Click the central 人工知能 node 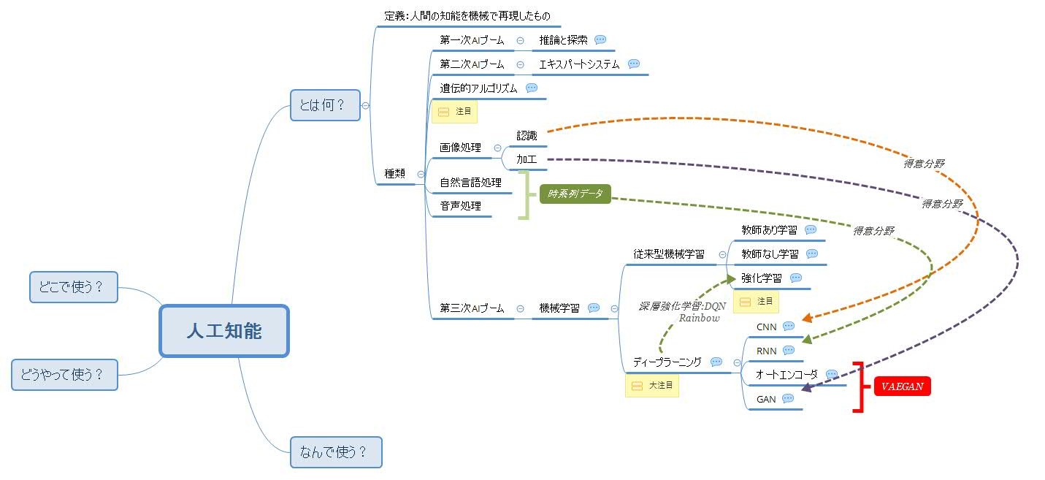coord(224,331)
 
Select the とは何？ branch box coord(325,105)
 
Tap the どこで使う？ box coord(73,287)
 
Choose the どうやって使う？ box coord(64,375)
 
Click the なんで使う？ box coord(335,452)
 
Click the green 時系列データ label coord(575,194)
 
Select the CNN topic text coord(766,327)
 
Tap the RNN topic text coord(766,351)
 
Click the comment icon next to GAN coord(788,399)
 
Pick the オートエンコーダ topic coord(786,375)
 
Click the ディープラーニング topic coord(667,362)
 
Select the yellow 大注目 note coord(651,385)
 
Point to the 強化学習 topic coord(761,278)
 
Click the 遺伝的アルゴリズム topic coord(478,88)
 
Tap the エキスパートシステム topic coord(579,64)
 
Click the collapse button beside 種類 coord(421,174)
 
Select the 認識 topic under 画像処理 coord(527,135)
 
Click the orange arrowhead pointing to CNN coord(807,319)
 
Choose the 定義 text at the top coord(467,15)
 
